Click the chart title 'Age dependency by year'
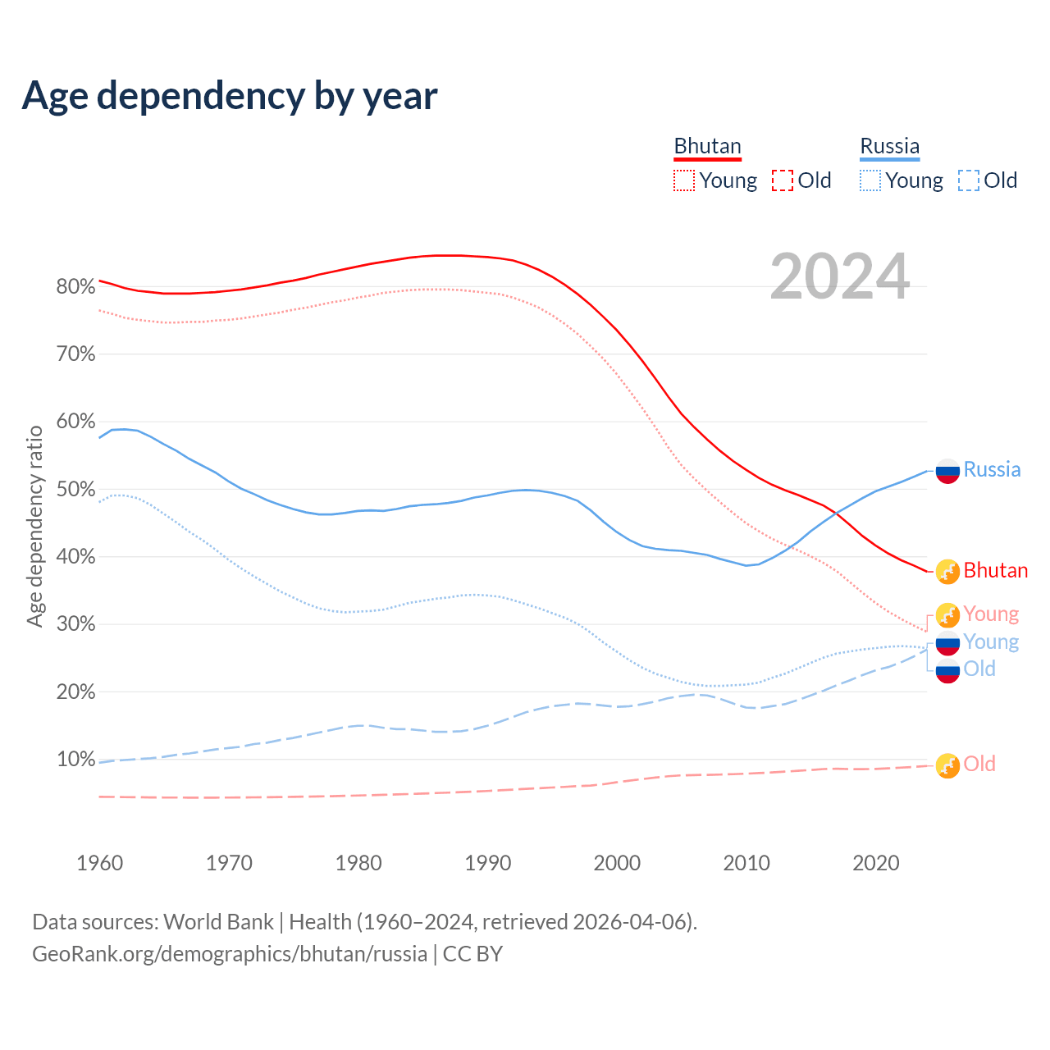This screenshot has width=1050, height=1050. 230,96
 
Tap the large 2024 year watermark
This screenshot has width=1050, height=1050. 840,276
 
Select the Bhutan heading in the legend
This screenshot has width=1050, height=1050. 707,147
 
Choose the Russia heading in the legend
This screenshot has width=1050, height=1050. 889,147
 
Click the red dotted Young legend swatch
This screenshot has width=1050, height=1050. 684,180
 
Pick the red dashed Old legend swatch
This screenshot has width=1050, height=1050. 783,180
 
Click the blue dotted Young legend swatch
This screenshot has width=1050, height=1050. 870,180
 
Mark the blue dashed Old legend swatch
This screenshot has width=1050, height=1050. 969,180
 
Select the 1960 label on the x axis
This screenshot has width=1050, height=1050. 99,863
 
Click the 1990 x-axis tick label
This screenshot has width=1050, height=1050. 488,863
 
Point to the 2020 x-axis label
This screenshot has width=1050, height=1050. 876,863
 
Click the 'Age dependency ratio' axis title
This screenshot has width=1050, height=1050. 34,526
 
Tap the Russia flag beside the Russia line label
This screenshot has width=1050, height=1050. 947,471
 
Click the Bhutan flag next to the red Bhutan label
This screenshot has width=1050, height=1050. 947,571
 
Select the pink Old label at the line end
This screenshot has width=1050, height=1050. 979,764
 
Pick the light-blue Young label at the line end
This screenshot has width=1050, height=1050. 991,641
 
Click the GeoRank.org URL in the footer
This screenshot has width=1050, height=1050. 230,954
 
